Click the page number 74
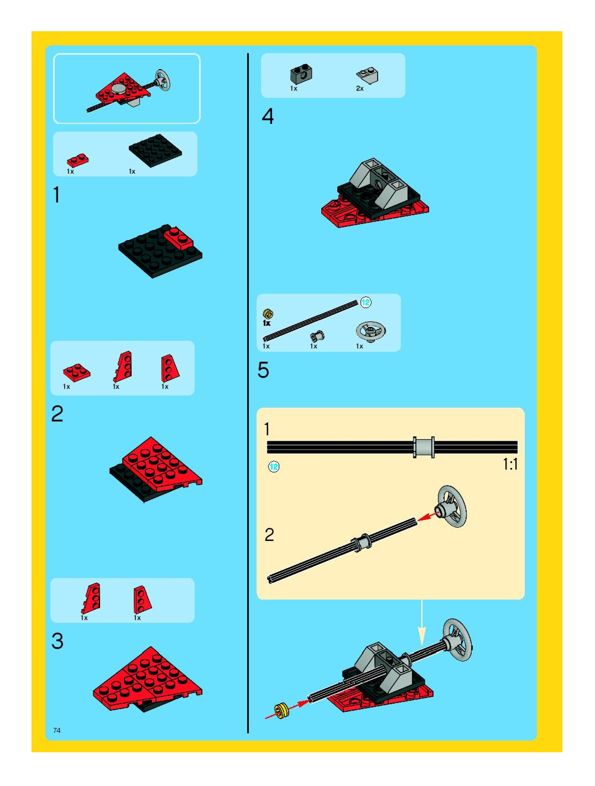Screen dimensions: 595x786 (x=57, y=730)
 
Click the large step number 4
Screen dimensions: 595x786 (x=268, y=116)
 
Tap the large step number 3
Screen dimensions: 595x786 (x=57, y=641)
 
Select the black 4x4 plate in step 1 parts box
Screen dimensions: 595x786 (x=155, y=150)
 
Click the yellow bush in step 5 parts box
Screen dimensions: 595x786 (x=268, y=314)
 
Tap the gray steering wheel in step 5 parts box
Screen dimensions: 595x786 (x=371, y=332)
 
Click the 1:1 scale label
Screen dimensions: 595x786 (x=510, y=464)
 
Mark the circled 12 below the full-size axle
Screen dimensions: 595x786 (x=273, y=467)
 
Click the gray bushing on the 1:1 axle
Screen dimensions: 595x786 (x=423, y=447)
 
